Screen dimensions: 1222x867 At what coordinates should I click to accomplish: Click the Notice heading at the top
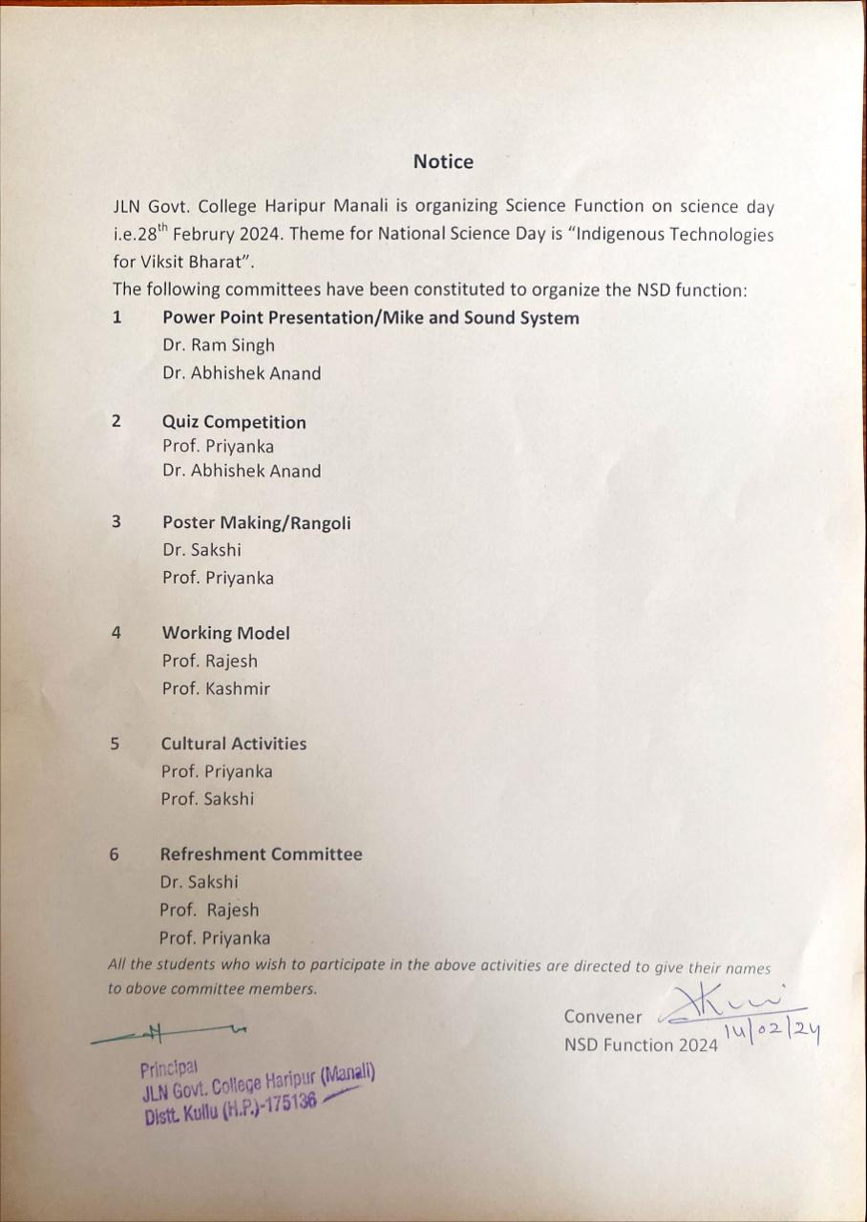(443, 162)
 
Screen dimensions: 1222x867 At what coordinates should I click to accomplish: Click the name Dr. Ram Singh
(219, 346)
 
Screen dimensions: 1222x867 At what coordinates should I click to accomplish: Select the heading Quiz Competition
(234, 422)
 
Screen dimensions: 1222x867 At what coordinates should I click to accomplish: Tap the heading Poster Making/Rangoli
(256, 522)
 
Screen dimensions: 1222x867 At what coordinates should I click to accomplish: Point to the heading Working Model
(225, 633)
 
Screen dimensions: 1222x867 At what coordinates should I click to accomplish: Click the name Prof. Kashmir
(216, 688)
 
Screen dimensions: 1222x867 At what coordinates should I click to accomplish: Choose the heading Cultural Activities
(233, 744)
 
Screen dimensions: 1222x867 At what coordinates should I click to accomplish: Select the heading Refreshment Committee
(261, 854)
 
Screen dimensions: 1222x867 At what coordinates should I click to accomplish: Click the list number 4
(116, 632)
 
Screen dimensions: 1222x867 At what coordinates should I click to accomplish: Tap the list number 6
(115, 854)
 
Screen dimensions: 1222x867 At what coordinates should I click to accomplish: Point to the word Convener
(603, 1017)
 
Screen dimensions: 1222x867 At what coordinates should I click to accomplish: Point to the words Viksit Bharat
(185, 262)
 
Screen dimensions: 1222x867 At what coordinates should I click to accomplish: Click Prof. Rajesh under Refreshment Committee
(209, 910)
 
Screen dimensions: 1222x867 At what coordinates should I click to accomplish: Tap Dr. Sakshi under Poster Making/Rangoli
(201, 550)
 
